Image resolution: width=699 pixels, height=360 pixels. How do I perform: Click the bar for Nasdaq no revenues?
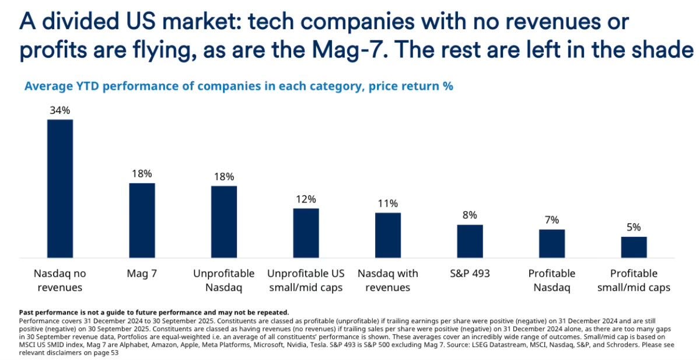[x=60, y=188]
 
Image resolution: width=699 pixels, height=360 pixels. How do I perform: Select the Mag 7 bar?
[x=142, y=220]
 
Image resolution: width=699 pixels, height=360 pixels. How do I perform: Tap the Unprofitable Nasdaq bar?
[x=224, y=222]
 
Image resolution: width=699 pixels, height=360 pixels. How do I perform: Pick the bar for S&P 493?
[x=470, y=241]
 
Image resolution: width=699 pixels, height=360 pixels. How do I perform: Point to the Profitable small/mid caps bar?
[x=634, y=247]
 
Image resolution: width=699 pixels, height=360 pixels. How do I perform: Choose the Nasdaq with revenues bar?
[x=387, y=235]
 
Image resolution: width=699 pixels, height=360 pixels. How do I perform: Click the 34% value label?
[x=60, y=110]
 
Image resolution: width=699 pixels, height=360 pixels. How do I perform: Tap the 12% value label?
[x=306, y=199]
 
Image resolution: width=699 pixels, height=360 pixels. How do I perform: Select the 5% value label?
[x=634, y=227]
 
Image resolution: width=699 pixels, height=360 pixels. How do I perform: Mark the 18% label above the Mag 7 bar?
[x=142, y=174]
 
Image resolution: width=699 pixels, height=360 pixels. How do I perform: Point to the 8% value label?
[x=470, y=215]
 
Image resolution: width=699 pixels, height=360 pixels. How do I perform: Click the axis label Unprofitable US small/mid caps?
[x=306, y=280]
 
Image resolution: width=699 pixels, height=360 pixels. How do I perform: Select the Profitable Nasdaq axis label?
[x=551, y=280]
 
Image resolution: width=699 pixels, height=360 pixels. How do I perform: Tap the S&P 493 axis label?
[x=470, y=274]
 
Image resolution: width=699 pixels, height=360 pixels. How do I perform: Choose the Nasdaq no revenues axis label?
[x=60, y=280]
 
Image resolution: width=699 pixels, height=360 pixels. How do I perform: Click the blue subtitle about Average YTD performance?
[x=239, y=86]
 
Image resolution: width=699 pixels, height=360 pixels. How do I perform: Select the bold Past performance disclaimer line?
[x=154, y=313]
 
